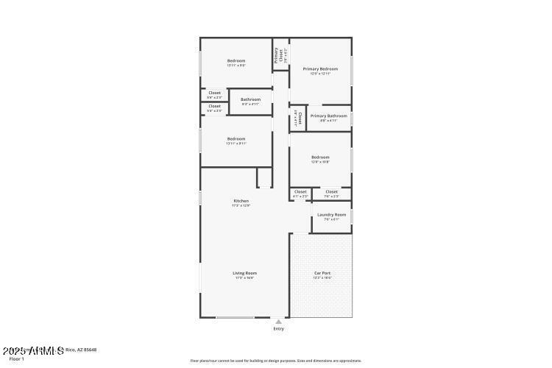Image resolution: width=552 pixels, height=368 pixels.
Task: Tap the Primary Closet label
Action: point(277,54)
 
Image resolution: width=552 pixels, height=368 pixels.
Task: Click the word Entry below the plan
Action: point(278,329)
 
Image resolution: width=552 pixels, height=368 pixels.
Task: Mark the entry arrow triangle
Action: point(278,322)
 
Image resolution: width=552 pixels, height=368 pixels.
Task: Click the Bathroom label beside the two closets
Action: point(250,99)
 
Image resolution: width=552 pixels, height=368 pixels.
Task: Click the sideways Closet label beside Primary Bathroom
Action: point(300,118)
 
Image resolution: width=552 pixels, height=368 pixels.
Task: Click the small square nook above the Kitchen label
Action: point(263,177)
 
